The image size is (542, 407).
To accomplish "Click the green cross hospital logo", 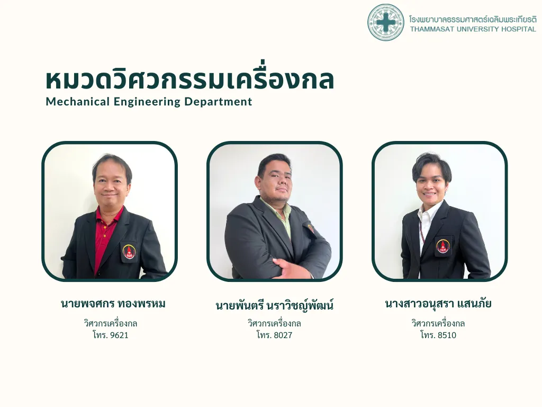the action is coord(385,22).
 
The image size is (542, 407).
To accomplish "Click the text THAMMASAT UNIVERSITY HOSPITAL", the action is coord(473,29).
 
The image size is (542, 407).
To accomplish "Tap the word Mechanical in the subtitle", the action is coord(78,101).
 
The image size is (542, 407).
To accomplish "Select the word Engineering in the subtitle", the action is coord(147,102).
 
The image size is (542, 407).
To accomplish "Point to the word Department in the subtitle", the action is coord(218,102).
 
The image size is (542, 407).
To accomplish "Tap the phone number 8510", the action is coord(447,335).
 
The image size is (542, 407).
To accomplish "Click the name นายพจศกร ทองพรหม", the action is coord(113,304).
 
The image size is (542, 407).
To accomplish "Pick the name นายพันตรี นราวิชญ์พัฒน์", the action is coord(275,305).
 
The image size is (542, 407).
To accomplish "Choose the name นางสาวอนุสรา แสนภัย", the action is coord(438,304).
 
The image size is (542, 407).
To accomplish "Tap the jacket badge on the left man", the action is coord(129,252).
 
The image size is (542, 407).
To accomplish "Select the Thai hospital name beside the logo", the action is coord(473,19).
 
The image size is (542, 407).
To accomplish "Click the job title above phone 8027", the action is coord(275,324).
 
